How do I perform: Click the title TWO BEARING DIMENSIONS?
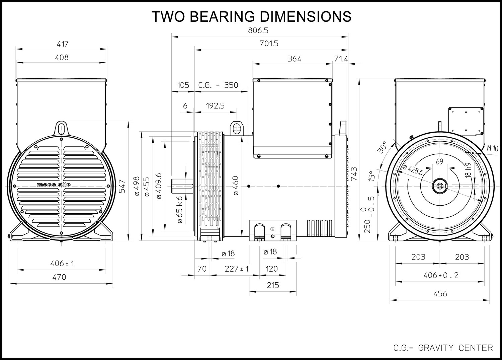point(251,16)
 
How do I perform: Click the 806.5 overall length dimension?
point(258,30)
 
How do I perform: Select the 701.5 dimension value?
point(269,44)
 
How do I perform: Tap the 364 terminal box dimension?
point(294,59)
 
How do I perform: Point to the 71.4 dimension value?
point(341,59)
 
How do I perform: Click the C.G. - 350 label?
point(218,85)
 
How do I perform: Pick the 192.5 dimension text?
point(215,105)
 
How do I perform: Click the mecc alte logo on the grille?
point(54,185)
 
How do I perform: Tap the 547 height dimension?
point(122,186)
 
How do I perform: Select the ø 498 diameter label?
point(137,186)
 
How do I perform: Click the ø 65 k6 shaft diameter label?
point(180,210)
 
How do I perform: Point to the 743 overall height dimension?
point(354,174)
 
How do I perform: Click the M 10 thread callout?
point(493,148)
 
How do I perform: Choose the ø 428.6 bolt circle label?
point(413,170)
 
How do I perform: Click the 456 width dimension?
point(440,294)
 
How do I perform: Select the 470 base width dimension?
point(59,277)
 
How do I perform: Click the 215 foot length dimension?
point(273,285)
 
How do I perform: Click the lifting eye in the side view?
point(237,128)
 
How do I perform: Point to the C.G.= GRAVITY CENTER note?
point(443,348)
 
